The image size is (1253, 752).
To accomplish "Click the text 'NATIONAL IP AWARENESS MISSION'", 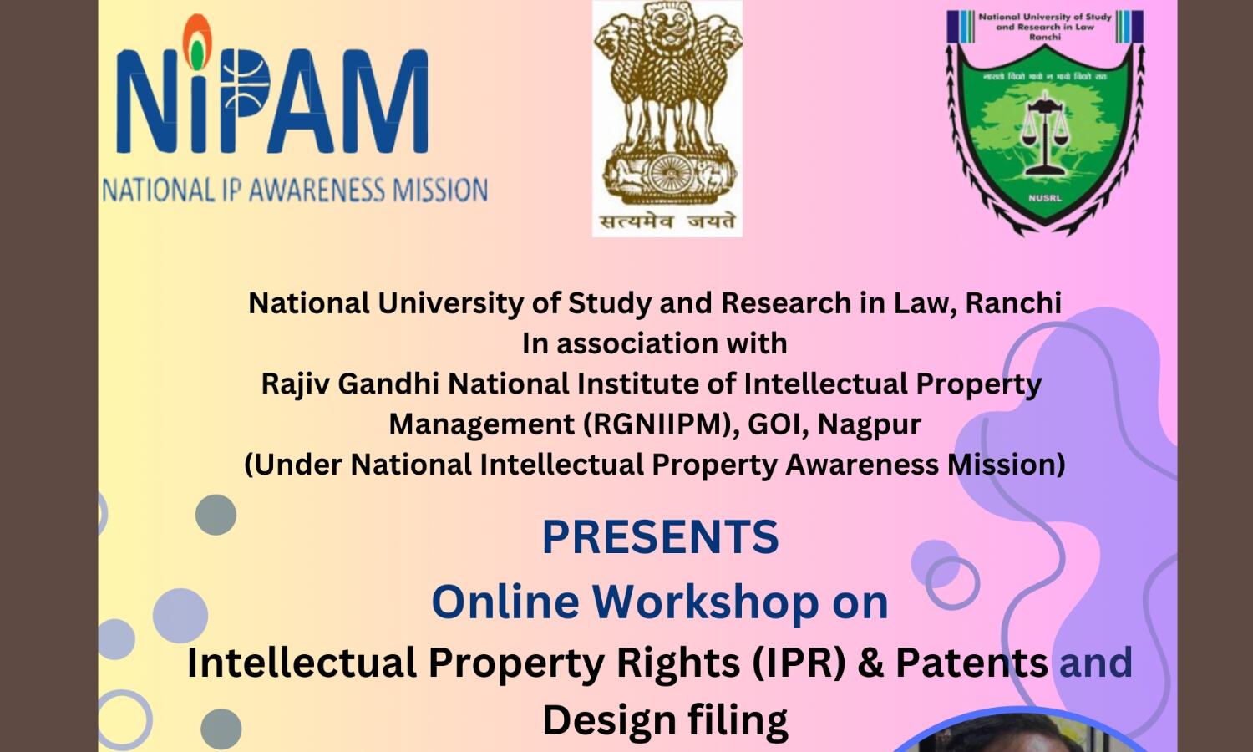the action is tap(296, 190).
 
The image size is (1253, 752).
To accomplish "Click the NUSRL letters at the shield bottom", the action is tap(1044, 197).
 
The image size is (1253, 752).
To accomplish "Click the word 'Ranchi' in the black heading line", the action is tap(1013, 303).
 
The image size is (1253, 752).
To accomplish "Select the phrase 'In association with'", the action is tap(654, 343).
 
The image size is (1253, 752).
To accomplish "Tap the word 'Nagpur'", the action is tap(869, 424).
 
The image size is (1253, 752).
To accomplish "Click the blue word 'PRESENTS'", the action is tap(661, 536).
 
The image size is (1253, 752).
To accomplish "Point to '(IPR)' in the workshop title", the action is tap(799, 663).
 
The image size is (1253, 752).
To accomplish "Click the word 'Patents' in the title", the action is tap(972, 663).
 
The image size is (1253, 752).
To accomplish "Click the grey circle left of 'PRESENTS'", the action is tap(216, 515).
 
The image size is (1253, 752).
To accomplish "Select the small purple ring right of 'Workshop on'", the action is tap(952, 583).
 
